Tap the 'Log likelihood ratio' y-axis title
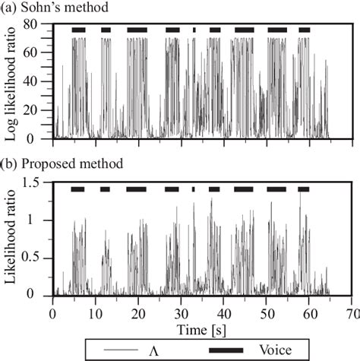click(12, 81)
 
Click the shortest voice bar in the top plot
click(194, 30)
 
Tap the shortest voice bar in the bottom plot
click(193, 188)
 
